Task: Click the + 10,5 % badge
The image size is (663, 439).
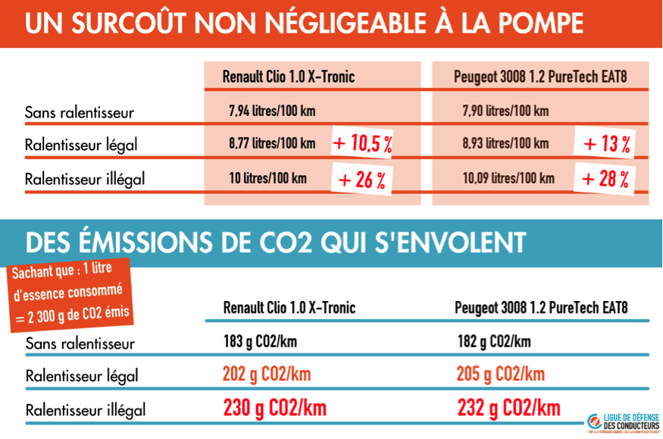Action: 362,143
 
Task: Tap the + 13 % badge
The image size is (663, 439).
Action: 606,143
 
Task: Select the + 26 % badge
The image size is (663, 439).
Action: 361,180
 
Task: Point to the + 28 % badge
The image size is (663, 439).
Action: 605,179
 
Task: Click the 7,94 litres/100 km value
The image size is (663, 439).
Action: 272,111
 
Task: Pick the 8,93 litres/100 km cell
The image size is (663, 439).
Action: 505,143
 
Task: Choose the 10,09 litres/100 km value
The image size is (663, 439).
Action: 508,179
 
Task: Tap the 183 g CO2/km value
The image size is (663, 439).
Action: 260,341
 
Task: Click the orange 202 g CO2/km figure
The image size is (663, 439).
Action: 267,375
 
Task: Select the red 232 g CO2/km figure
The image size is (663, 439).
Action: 509,409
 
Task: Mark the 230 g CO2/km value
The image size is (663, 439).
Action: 275,409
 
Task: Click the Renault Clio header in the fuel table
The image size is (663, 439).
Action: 289,77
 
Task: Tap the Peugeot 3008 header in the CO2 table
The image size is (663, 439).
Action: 541,308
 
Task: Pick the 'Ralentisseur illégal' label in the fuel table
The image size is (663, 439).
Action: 85,180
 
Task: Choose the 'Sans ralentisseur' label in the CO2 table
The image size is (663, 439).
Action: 80,343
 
